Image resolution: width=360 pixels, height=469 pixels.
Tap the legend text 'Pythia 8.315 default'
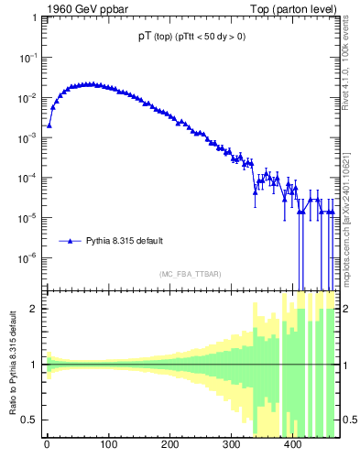coord(125,241)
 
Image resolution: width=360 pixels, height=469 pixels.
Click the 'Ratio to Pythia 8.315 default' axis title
coord(14,364)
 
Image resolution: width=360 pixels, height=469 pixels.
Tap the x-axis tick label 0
coord(47,448)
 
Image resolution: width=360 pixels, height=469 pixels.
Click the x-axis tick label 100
coord(108,448)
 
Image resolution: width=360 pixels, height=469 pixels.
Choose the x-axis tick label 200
coord(169,448)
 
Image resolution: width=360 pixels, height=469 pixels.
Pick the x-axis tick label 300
coord(231,448)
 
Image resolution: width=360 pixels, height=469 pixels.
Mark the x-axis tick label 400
coord(293,448)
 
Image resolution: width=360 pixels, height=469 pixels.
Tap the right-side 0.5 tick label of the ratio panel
coord(350,420)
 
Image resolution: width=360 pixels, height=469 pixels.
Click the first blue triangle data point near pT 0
coord(49,125)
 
